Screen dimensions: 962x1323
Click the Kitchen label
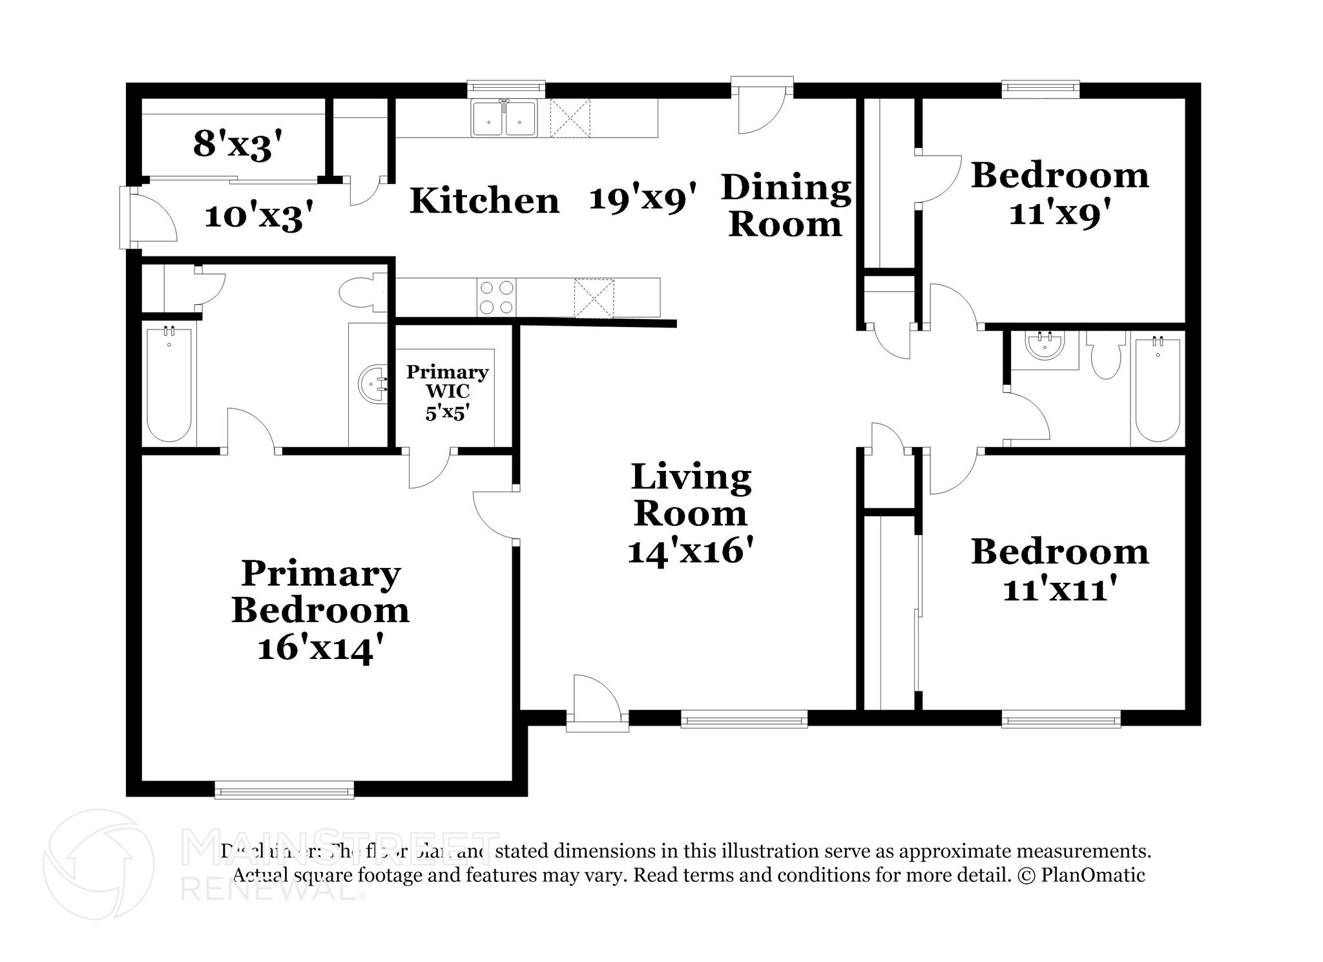pos(484,200)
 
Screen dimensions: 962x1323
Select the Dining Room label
pos(786,205)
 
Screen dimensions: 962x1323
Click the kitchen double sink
pos(504,119)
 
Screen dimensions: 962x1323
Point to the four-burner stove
pos(497,297)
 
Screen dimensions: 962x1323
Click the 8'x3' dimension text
pos(238,143)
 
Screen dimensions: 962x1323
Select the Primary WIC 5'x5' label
pos(446,392)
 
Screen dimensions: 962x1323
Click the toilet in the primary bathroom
pos(362,293)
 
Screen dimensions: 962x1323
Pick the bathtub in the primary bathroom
pos(169,385)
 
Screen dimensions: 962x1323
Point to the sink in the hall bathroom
pos(1045,347)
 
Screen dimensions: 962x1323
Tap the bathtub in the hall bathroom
pos(1157,390)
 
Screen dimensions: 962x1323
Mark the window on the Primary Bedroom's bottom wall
pos(284,789)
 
